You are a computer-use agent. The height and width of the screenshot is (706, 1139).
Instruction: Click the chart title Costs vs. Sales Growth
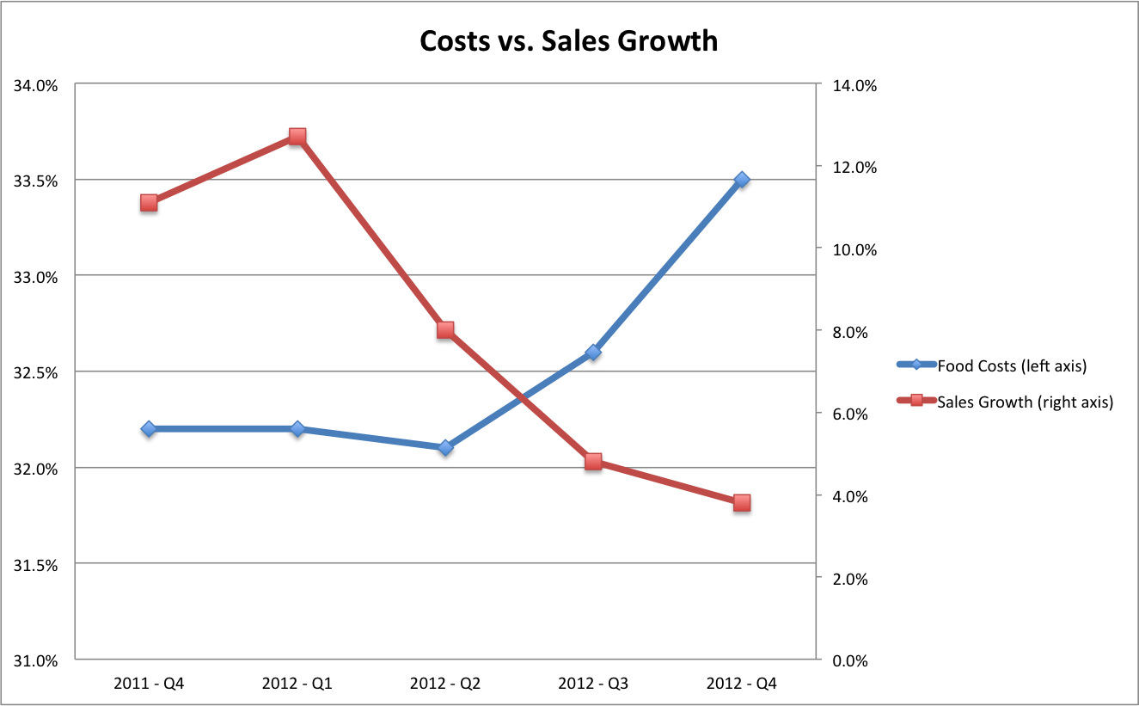pos(568,40)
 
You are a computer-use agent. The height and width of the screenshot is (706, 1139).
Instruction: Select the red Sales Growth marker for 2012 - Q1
pos(297,137)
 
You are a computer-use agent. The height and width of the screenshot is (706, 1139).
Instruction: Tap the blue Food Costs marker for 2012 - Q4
pos(742,180)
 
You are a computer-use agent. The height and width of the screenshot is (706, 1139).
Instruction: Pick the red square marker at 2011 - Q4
pos(149,203)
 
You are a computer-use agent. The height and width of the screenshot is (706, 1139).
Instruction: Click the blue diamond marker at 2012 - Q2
pos(445,447)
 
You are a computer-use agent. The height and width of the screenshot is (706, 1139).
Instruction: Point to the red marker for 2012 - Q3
pos(593,462)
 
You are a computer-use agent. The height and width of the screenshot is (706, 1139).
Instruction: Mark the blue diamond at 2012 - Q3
pos(593,353)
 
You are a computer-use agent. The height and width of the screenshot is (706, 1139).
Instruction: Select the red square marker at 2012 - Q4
pos(742,503)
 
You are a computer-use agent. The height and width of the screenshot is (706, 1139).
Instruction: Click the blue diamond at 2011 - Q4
pos(149,428)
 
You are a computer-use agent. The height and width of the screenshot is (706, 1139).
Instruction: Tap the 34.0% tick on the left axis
pos(34,85)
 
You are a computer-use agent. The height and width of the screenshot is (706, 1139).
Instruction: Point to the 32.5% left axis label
pos(34,373)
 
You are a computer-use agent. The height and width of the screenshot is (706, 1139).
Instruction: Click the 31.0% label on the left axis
pos(34,661)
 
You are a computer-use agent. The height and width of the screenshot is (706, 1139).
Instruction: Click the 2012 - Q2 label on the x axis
pos(445,685)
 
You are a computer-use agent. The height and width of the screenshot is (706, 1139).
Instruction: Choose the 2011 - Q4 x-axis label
pos(149,685)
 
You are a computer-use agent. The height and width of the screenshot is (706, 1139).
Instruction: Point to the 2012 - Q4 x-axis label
pos(742,685)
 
